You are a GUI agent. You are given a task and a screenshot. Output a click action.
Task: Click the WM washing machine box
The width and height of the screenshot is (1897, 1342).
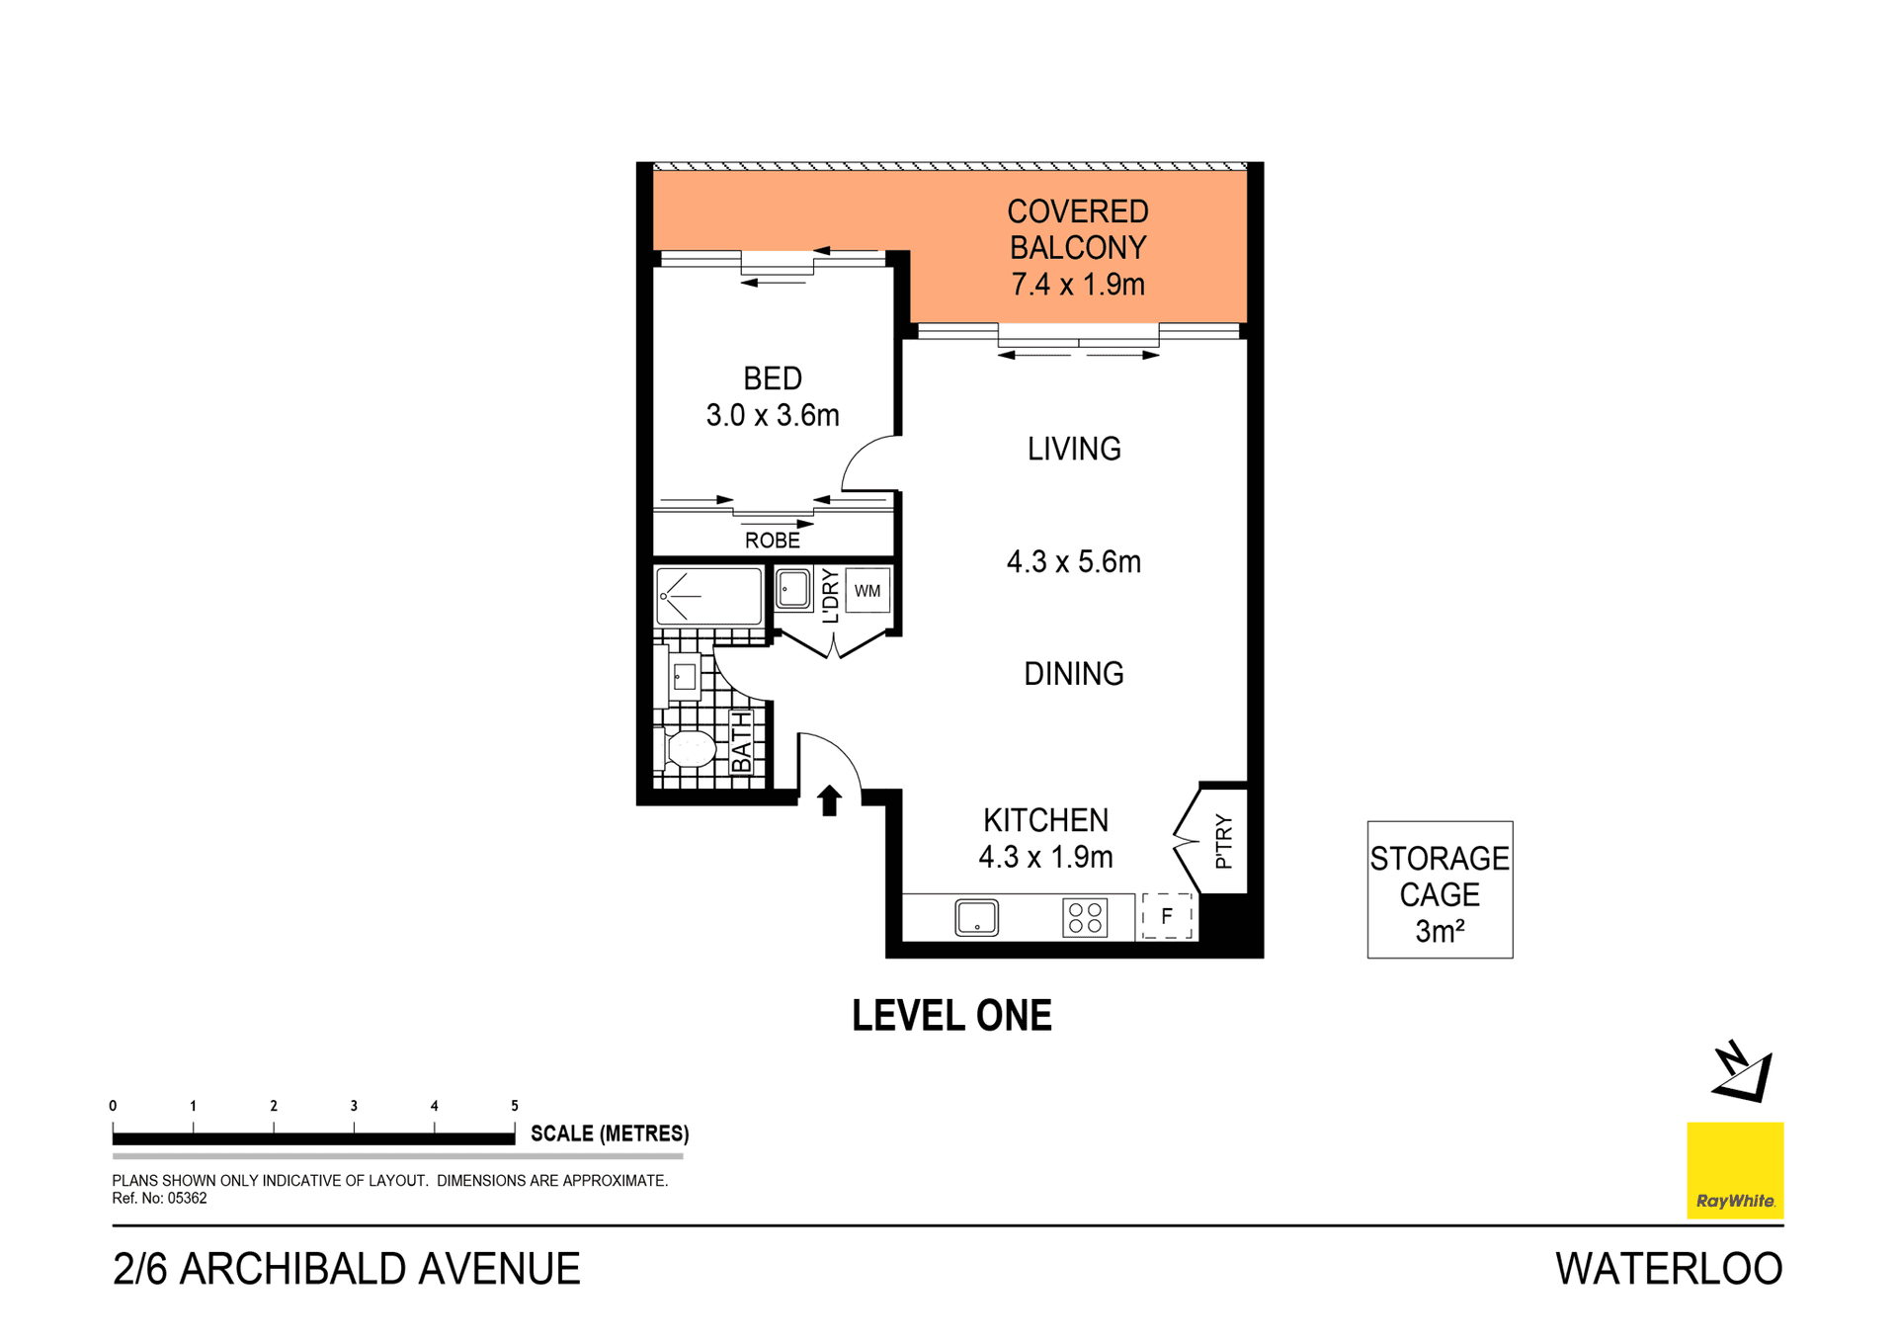[x=867, y=591]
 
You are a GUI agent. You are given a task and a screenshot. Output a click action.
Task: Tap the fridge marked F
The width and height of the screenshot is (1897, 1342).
[x=1167, y=916]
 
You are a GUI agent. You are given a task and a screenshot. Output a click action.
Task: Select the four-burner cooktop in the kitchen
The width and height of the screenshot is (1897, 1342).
[x=1085, y=918]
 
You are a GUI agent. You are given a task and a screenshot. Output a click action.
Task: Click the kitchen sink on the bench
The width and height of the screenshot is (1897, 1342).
[x=976, y=918]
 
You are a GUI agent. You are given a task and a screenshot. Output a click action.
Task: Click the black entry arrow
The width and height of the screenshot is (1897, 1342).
[x=829, y=799]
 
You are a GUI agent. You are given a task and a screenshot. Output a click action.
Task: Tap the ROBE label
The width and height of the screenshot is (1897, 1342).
[x=772, y=541]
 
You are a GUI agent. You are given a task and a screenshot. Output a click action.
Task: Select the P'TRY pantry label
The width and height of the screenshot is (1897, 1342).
[x=1224, y=841]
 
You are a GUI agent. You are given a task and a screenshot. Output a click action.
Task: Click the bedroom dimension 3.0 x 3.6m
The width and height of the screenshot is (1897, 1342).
[x=772, y=415]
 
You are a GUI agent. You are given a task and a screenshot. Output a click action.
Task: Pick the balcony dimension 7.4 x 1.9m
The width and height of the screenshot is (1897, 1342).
[x=1077, y=285]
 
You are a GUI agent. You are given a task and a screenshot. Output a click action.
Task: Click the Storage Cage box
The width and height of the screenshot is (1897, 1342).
[x=1439, y=889]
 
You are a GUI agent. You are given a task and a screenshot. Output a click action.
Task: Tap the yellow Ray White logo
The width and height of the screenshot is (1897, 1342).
[x=1734, y=1169]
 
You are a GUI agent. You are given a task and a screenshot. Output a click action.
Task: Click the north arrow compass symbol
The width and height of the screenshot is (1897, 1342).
[x=1743, y=1072]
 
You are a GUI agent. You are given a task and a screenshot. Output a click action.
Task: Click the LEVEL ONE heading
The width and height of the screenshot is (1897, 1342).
[x=950, y=1016]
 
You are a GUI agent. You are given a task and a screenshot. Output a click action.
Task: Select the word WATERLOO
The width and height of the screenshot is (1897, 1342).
[x=1668, y=1269]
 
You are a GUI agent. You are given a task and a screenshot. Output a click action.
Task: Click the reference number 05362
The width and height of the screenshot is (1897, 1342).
[x=187, y=1199]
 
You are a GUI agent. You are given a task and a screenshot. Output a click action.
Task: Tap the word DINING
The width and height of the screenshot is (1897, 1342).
[x=1073, y=674]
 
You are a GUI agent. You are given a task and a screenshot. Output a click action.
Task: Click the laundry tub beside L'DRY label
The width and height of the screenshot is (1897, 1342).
[x=792, y=590]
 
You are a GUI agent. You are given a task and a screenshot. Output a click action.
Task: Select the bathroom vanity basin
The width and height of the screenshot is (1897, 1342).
[x=684, y=677]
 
